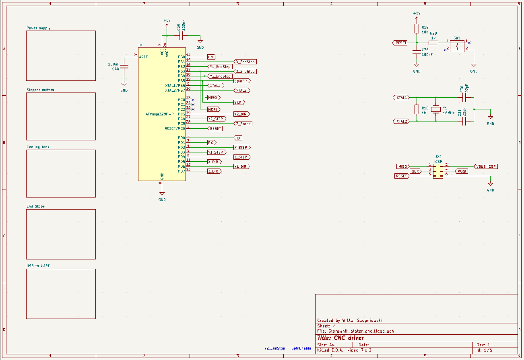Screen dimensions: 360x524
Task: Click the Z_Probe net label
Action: click(243, 124)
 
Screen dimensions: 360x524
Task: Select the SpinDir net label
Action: click(242, 81)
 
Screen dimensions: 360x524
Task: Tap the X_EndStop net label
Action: click(245, 62)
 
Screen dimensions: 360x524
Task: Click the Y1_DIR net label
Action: click(241, 167)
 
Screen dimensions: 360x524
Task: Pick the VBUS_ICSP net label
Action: click(486, 166)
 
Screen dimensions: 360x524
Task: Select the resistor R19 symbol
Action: click(417, 29)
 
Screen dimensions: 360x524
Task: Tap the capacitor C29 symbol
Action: click(181, 36)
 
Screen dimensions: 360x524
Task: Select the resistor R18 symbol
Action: click(417, 109)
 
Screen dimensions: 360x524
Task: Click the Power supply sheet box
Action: click(61, 56)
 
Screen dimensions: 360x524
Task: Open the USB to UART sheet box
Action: click(61, 294)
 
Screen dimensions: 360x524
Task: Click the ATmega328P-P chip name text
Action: click(159, 114)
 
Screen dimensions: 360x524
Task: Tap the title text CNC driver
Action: click(340, 338)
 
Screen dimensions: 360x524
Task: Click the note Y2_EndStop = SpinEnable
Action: click(287, 348)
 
